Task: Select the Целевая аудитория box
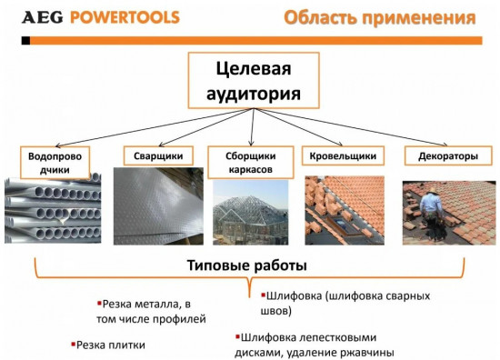pyautogui.click(x=254, y=81)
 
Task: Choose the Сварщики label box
pyautogui.click(x=150, y=156)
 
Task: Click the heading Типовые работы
pyautogui.click(x=246, y=265)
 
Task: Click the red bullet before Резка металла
pyautogui.click(x=99, y=302)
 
